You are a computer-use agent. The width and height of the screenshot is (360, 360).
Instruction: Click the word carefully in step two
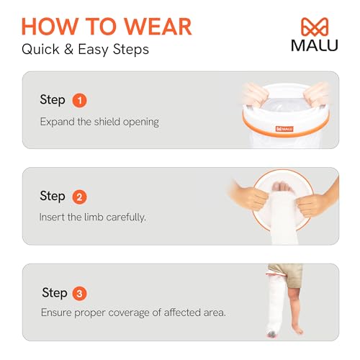pos(123,217)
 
